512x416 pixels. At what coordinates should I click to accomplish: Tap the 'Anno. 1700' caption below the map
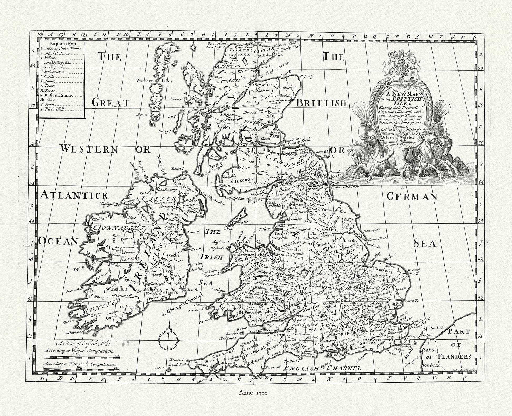[x=253, y=400]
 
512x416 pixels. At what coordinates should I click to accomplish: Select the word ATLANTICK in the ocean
[x=74, y=195]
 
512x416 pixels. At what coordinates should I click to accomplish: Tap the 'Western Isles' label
[x=154, y=81]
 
